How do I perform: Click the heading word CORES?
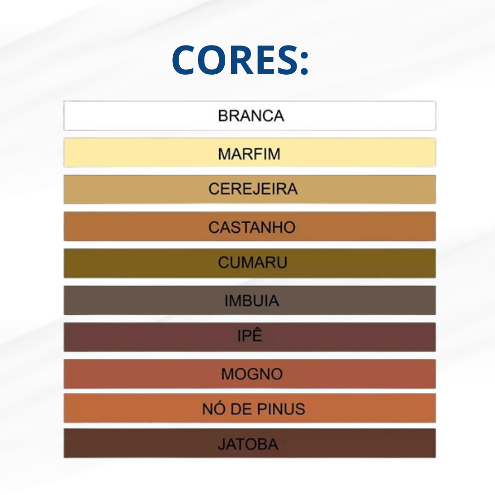tap(235, 60)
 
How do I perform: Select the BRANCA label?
tap(251, 116)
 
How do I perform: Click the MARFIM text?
tap(249, 154)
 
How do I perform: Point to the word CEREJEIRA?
tap(253, 189)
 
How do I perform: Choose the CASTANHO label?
tap(251, 227)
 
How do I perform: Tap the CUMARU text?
tap(252, 262)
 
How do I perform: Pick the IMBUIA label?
tap(251, 300)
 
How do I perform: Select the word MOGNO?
tap(252, 374)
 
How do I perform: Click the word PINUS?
tap(281, 409)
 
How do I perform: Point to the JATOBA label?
tap(248, 444)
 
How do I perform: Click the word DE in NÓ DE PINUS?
tap(241, 409)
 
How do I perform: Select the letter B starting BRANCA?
tap(223, 116)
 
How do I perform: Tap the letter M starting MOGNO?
tap(227, 374)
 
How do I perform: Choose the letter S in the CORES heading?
tap(287, 60)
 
